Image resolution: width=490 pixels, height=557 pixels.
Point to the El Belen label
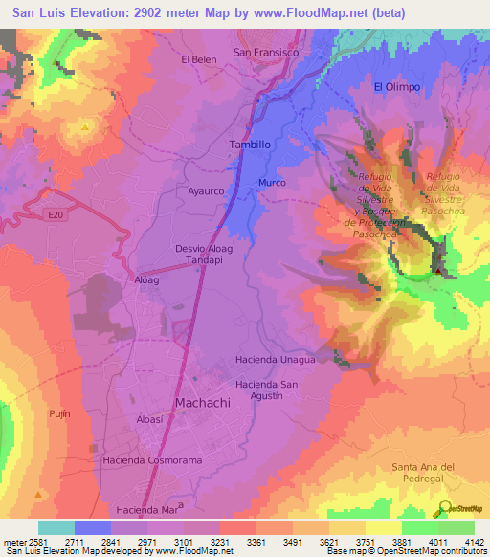199,59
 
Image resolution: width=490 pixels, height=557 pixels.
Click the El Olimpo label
397,87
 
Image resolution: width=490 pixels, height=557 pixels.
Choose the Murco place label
273,182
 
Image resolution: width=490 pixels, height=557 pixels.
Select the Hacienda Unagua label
275,360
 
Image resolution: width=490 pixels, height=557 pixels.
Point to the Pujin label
58,412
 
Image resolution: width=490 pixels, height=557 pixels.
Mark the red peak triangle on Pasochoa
438,270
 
